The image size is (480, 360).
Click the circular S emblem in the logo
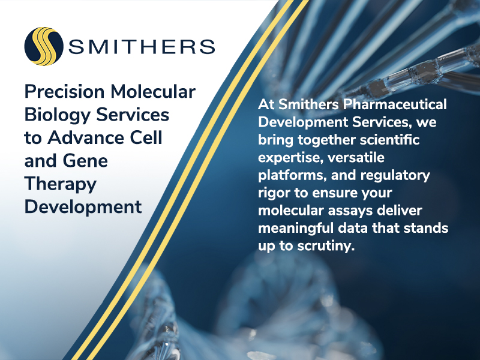[44, 46]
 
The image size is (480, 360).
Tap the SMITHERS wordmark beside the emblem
[142, 46]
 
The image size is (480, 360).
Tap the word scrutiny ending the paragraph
[326, 248]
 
